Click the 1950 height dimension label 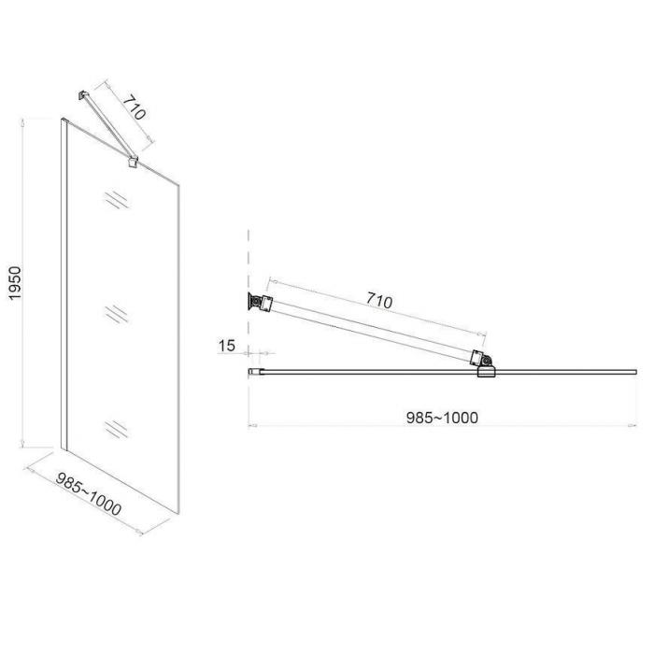point(15,283)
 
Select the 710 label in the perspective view point(135,107)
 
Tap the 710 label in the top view point(379,300)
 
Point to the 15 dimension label point(227,346)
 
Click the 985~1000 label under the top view point(442,418)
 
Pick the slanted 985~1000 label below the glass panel point(89,494)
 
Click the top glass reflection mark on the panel point(117,199)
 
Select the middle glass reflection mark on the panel point(117,314)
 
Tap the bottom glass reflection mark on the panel point(117,429)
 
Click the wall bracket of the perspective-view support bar point(82,95)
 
